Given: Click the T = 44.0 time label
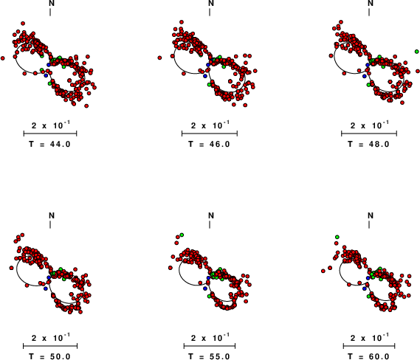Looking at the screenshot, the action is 49,144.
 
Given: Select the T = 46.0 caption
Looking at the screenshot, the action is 209,144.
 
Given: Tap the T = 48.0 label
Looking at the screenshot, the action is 368,144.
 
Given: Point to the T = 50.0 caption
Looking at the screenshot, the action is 49,356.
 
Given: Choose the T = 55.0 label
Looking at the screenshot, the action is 209,356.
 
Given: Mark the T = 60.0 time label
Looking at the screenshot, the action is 368,356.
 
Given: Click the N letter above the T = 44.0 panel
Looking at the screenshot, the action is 52,3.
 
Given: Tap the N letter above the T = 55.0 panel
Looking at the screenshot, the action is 211,215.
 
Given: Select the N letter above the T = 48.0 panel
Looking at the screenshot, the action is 371,3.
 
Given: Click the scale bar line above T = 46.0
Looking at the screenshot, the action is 210,134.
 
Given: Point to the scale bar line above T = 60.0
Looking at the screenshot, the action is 369,346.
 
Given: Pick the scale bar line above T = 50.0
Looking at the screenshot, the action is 50,346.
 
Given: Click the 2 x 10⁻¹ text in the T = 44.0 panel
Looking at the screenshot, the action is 51,125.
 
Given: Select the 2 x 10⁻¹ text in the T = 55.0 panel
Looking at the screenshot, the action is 210,338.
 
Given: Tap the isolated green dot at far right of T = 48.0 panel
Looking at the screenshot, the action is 417,52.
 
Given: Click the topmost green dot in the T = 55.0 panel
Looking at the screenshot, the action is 182,235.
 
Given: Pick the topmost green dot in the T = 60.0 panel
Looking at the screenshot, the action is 337,237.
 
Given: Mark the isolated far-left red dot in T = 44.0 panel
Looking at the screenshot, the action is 3,58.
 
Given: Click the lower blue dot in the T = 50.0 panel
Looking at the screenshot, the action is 46,288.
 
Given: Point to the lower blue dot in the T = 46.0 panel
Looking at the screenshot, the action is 205,76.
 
